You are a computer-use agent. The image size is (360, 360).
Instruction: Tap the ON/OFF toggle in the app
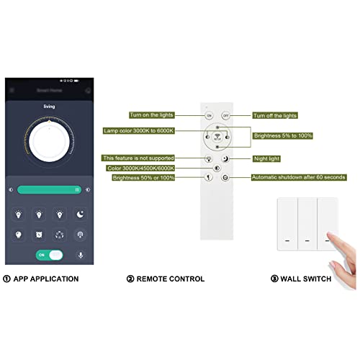pos(50,255)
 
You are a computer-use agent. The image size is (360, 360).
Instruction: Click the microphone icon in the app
pos(80,255)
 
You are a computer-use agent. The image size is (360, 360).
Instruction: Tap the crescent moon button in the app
pos(80,215)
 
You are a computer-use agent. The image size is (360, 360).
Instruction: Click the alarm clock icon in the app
pos(38,235)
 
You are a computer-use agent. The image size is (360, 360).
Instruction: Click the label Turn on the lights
pos(153,114)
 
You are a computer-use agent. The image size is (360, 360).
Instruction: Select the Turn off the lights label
pos(275,115)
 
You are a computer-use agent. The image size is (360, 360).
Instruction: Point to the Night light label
pos(266,158)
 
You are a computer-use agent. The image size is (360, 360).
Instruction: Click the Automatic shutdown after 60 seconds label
pos(298,177)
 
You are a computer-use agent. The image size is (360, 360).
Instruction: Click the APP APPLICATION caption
pos(45,279)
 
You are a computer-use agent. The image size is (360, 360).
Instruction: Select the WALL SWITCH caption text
pos(307,279)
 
